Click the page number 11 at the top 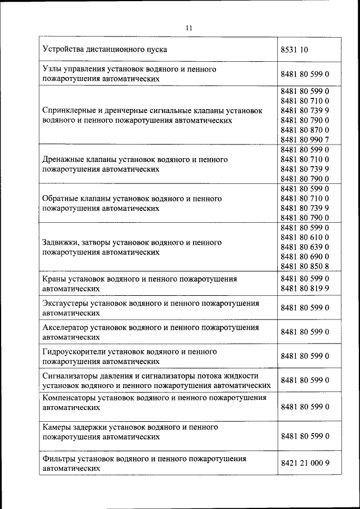188,28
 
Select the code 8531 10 294,49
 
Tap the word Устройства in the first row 62,49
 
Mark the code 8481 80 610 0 304,237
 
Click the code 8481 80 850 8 304,267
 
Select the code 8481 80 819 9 304,289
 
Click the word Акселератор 67,327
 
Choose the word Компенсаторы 69,398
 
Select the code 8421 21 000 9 304,463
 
